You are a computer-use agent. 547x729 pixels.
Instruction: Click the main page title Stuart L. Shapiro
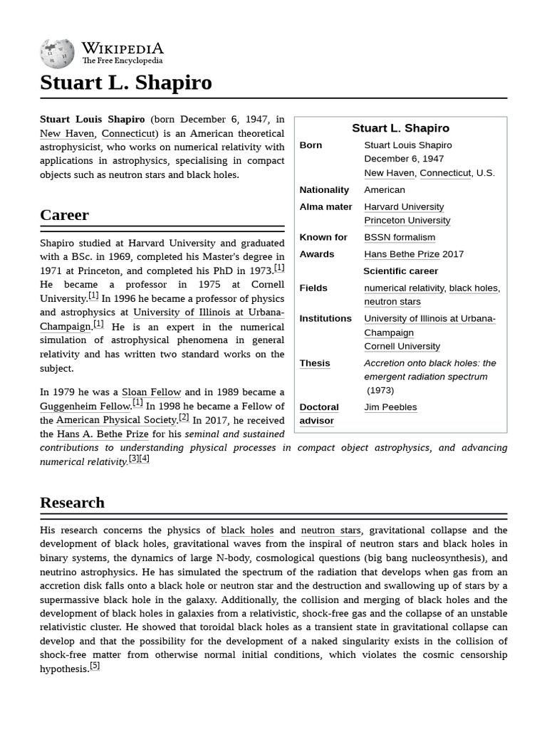(x=126, y=83)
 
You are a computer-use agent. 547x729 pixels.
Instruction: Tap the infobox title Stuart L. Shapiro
(x=400, y=128)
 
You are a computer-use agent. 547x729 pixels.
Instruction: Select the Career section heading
(x=65, y=215)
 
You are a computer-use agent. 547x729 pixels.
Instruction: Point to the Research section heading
(x=72, y=503)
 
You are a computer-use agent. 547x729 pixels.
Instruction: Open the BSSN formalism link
(x=399, y=237)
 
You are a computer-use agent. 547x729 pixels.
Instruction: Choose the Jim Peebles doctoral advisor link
(x=390, y=407)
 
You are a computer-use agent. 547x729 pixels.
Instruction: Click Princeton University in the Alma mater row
(x=407, y=221)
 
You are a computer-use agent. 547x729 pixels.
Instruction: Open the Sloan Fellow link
(x=152, y=392)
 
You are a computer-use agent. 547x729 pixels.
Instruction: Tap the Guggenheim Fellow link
(x=85, y=407)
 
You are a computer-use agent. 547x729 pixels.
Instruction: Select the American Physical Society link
(x=116, y=420)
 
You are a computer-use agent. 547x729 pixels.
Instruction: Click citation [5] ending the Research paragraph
(x=95, y=666)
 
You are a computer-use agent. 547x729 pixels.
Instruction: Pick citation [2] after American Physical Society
(x=184, y=418)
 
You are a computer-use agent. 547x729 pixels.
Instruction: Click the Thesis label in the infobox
(x=314, y=363)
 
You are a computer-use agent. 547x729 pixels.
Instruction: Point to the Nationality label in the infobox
(x=324, y=190)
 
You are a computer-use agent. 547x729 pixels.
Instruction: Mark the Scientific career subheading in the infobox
(x=400, y=271)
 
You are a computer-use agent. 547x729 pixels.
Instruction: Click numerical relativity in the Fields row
(x=404, y=288)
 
